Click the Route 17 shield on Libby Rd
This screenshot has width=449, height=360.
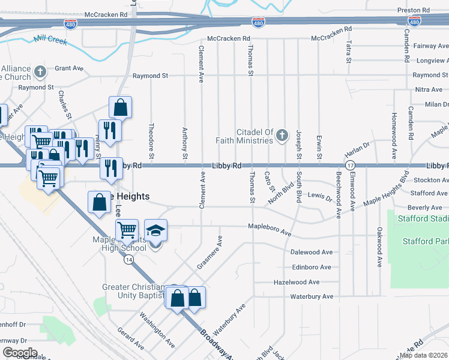coord(350,165)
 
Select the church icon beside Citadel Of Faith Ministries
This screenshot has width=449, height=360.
coord(282,136)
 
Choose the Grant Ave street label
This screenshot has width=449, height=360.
coord(69,68)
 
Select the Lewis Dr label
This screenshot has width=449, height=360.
coord(319,195)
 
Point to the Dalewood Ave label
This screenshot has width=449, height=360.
coord(311,252)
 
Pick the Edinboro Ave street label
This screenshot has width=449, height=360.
coord(311,267)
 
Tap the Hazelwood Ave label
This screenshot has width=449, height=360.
coord(297,282)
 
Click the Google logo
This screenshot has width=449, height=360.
coord(20,352)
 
